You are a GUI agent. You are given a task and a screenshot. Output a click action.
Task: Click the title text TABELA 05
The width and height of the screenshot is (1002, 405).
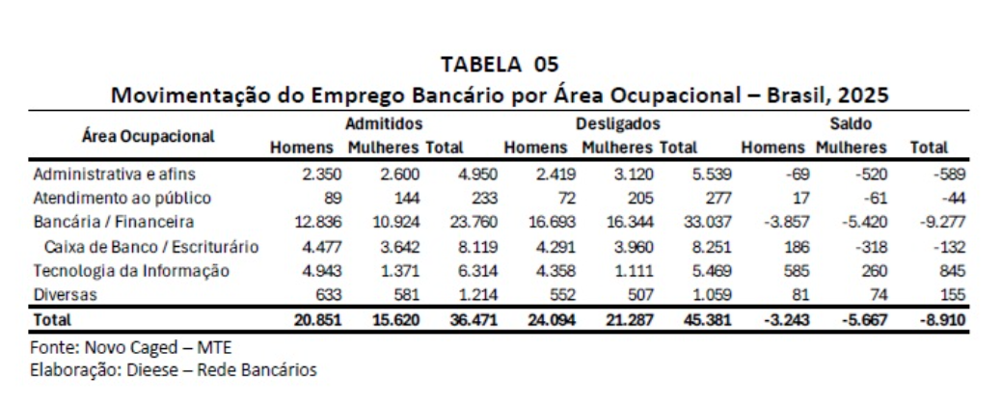(500, 65)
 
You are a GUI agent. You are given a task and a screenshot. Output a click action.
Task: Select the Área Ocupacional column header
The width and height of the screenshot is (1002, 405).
(149, 135)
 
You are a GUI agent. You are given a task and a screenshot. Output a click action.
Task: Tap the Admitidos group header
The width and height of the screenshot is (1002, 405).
(385, 124)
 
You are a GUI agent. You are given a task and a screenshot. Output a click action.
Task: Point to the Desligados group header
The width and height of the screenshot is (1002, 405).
(617, 124)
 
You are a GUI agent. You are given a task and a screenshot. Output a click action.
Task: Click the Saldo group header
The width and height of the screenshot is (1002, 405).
(851, 124)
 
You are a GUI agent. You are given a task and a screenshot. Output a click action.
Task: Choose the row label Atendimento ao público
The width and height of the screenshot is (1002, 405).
(122, 199)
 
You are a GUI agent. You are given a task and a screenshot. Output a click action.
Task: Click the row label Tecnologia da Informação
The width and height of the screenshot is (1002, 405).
(130, 270)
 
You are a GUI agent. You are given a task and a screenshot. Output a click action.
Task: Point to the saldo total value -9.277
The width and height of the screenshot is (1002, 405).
(944, 223)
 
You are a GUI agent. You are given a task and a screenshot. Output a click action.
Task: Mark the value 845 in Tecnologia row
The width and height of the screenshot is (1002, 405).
(952, 270)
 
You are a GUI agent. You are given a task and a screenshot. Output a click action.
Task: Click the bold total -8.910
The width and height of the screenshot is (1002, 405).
(943, 318)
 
